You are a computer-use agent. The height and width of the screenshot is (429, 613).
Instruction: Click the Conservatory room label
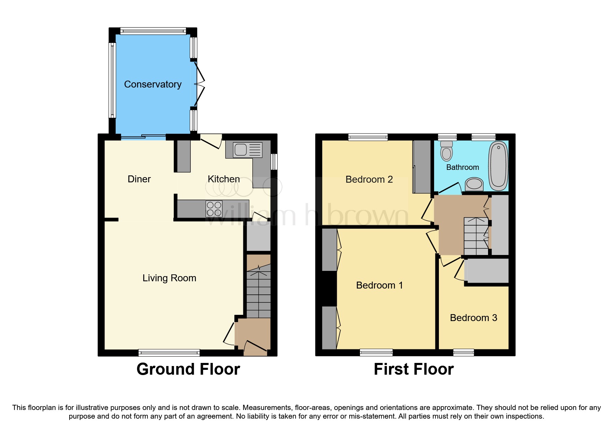click(153, 84)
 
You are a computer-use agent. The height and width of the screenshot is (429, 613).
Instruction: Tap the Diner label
click(139, 179)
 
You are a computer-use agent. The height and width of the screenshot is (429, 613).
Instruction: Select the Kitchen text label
click(224, 179)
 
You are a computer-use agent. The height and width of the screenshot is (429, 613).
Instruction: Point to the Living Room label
click(169, 278)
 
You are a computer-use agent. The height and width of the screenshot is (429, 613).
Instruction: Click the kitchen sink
click(248, 150)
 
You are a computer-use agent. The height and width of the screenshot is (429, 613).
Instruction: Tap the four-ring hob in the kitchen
click(214, 209)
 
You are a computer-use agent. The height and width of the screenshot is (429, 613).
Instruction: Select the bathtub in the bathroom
click(498, 166)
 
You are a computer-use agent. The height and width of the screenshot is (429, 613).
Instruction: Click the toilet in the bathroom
click(447, 151)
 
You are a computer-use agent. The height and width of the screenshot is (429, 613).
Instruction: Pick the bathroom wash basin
click(474, 184)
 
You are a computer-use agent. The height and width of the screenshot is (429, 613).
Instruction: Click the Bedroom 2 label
click(369, 179)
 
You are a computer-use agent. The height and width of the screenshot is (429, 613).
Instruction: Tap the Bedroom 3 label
click(474, 318)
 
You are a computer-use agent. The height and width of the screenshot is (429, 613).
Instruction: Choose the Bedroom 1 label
click(379, 285)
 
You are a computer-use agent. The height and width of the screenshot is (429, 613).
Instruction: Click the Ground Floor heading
click(188, 369)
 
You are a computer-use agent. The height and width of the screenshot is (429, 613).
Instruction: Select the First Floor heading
click(414, 369)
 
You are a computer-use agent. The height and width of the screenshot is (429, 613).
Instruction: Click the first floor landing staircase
click(476, 236)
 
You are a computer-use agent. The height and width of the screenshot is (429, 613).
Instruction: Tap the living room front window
click(169, 353)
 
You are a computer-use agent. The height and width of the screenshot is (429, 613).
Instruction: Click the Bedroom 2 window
click(368, 137)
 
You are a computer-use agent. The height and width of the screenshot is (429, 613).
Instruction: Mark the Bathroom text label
click(462, 167)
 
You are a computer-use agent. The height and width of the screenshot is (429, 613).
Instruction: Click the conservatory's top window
click(153, 31)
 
